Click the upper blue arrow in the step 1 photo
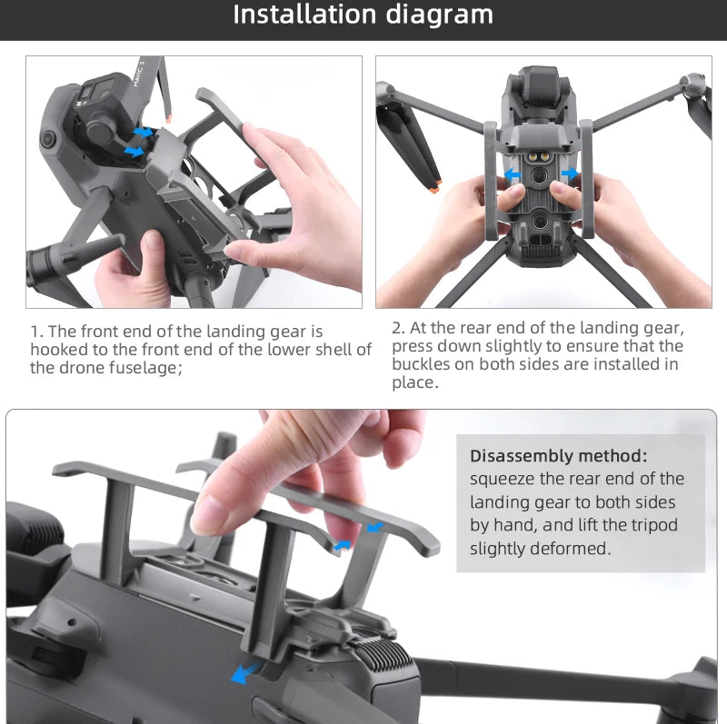pyautogui.click(x=144, y=133)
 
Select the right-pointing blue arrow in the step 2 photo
pyautogui.click(x=569, y=173)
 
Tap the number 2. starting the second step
pyautogui.click(x=398, y=328)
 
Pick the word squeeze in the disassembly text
pyautogui.click(x=503, y=479)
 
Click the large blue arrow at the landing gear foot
pyautogui.click(x=243, y=673)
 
